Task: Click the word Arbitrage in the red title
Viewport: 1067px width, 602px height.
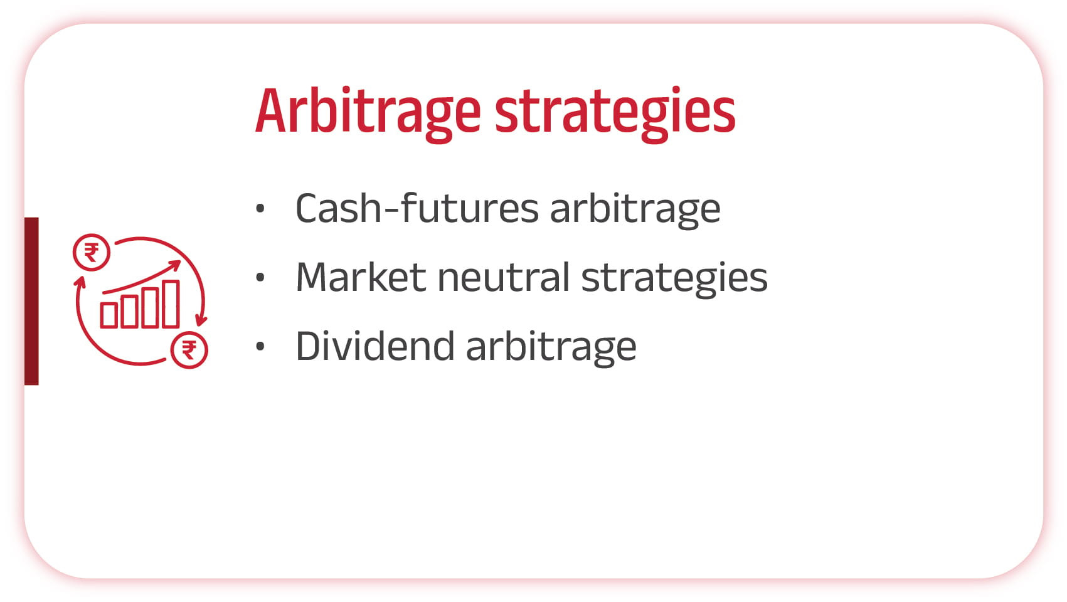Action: coord(368,114)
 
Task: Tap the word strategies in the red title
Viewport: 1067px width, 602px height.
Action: coord(615,114)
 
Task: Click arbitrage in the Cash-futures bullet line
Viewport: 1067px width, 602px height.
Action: coord(635,210)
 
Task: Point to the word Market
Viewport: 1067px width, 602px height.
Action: coord(361,277)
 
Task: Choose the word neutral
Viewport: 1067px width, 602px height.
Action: coord(504,277)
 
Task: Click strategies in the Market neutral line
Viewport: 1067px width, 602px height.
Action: coord(674,279)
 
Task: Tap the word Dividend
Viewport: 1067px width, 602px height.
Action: coord(375,346)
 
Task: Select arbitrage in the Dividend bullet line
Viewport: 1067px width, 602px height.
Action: coord(551,348)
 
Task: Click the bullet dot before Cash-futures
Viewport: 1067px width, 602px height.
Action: coord(260,208)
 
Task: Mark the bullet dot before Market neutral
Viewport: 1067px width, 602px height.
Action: coord(260,277)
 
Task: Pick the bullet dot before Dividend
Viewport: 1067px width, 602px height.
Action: coord(260,346)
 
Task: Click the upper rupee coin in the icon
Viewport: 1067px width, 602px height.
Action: coord(92,253)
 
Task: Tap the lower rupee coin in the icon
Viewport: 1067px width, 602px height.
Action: coord(189,350)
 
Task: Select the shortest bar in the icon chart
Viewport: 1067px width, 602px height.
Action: coord(109,315)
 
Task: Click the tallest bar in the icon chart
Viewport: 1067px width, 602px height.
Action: coord(171,304)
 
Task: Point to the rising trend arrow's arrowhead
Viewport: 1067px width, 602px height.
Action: coord(175,265)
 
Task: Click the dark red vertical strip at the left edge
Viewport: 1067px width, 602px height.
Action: coord(31,301)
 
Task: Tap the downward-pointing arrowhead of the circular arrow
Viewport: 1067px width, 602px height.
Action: coord(201,320)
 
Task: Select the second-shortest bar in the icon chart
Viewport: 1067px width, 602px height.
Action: coord(130,312)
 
